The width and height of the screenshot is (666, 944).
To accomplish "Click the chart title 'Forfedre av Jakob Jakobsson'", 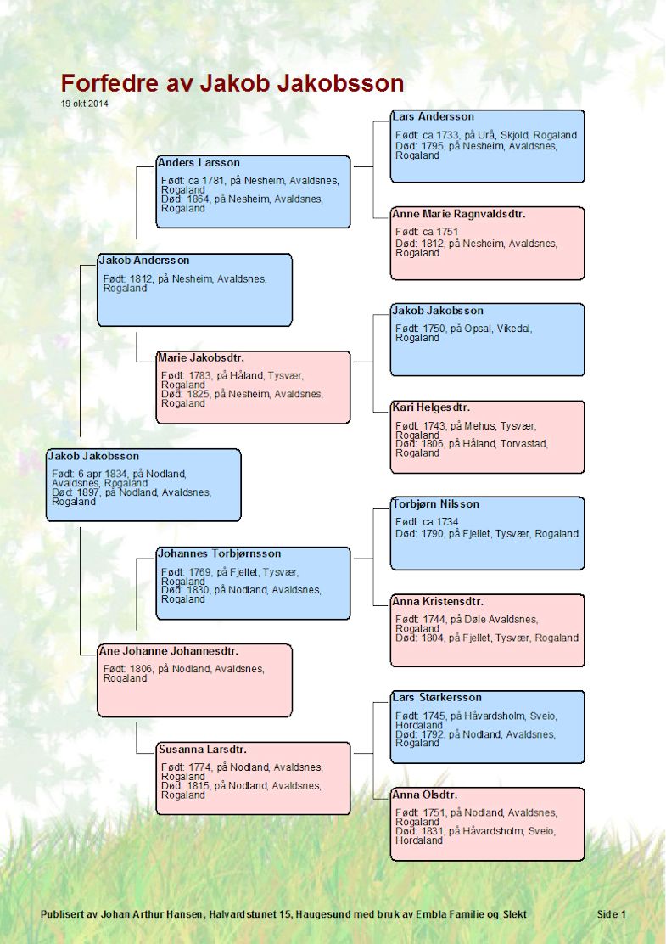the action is [x=232, y=83].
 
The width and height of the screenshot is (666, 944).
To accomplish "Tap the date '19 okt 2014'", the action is [x=84, y=104].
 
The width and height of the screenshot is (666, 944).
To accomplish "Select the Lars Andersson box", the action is [x=487, y=146].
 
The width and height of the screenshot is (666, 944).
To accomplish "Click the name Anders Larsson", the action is [x=199, y=162].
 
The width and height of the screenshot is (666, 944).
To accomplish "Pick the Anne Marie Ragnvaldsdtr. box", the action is [x=487, y=244].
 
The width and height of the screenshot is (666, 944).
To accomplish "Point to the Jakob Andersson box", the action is [x=195, y=290].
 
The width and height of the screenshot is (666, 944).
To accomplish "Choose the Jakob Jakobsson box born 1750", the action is [x=487, y=340].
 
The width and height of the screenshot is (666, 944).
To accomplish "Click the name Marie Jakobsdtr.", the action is [x=201, y=357].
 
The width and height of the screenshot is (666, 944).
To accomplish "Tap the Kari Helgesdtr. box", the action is [x=487, y=437].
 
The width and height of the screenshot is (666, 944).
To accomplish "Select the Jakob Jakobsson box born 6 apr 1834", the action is [x=143, y=485].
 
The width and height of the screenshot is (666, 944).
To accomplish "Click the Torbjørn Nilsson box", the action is [x=487, y=533].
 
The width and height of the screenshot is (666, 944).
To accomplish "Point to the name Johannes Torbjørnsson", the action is [x=220, y=553].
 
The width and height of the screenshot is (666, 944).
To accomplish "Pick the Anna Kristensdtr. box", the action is [x=487, y=631].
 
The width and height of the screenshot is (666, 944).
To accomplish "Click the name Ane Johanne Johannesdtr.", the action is [x=169, y=651].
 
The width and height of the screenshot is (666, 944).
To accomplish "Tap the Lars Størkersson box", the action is [x=487, y=728].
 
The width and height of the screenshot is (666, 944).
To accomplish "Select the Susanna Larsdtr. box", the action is [x=254, y=778].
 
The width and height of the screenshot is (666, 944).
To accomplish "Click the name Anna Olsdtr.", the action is [x=425, y=795].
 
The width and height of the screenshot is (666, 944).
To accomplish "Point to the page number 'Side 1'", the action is [x=611, y=914].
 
